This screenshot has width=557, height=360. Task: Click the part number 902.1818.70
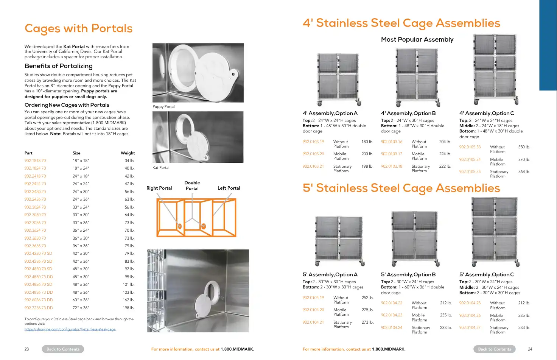pos(35,161)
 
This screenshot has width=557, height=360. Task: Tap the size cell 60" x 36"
pos(81,300)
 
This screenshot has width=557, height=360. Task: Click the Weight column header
pos(128,153)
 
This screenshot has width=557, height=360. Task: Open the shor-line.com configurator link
pos(70,329)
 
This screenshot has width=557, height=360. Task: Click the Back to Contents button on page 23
pos(63,349)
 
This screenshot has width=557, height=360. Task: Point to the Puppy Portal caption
pos(163,106)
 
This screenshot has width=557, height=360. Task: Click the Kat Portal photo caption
pos(161,167)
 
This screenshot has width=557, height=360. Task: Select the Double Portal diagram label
pos(192,185)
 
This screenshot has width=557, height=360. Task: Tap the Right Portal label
pos(159,188)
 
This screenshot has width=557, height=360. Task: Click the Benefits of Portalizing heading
pos(59,66)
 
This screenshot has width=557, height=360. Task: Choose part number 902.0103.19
pos(313,142)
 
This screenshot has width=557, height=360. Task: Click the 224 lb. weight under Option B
pos(445,154)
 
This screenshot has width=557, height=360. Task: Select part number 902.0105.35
pos(470,171)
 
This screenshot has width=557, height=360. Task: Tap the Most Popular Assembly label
pos(417,39)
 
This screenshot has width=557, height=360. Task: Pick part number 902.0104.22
pos(392,303)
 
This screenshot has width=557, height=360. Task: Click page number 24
pos(530,349)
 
